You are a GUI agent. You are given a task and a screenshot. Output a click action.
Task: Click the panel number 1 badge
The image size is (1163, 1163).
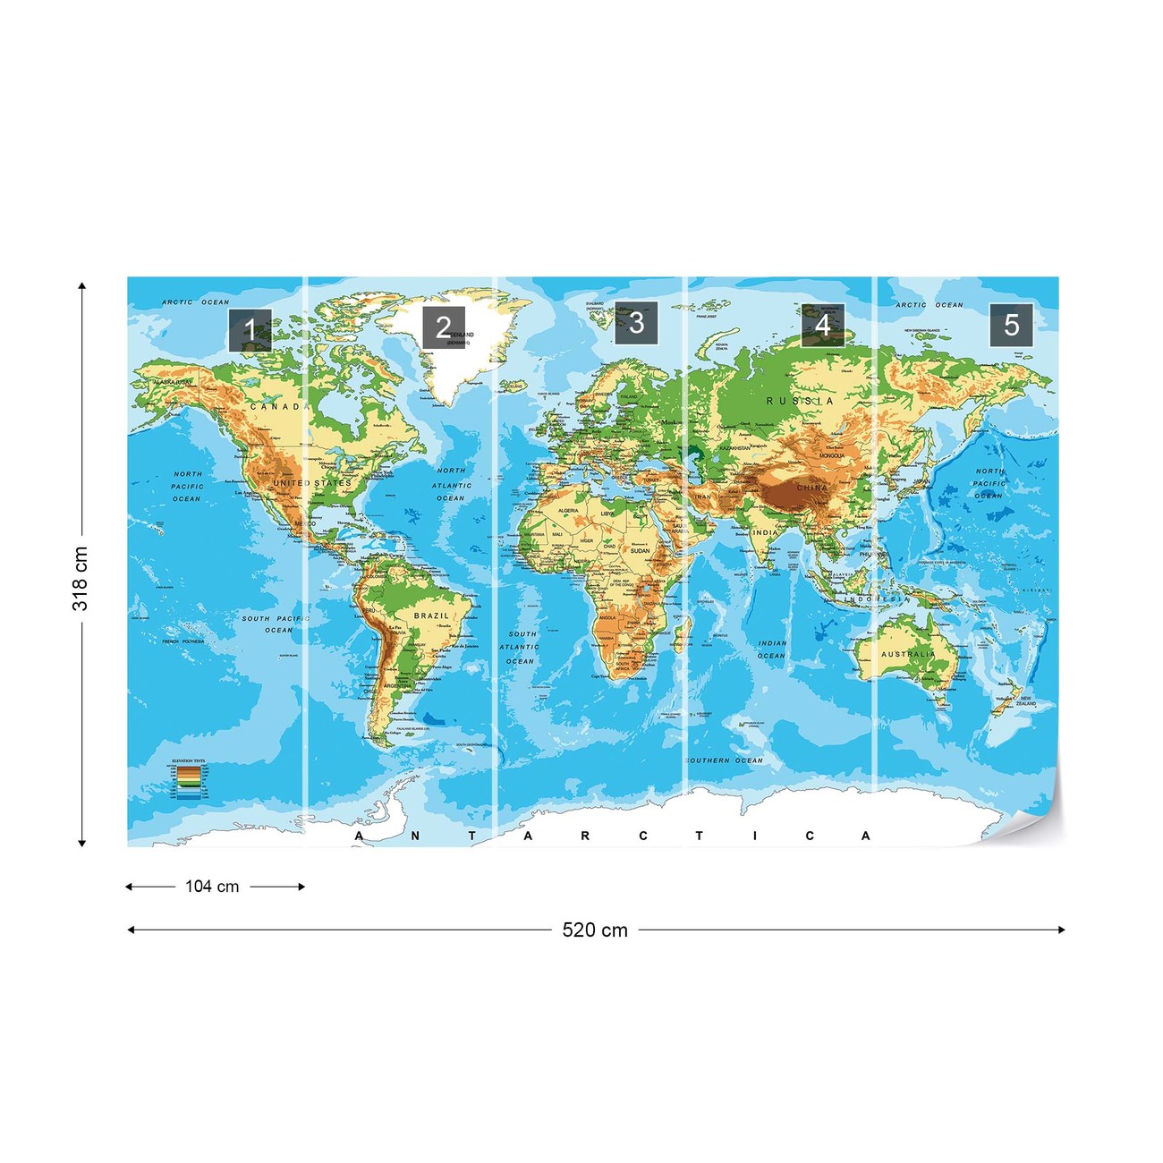[x=250, y=330]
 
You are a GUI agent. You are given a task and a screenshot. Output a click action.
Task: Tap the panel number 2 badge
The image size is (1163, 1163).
[x=444, y=327]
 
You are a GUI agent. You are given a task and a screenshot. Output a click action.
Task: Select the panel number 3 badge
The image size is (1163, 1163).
[x=636, y=323]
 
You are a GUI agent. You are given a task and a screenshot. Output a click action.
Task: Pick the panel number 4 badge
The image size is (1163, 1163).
[x=822, y=325]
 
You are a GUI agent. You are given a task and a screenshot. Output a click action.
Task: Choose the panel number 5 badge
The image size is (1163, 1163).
[x=1011, y=325]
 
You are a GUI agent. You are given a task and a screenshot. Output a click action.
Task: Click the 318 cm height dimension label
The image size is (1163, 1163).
[x=81, y=579]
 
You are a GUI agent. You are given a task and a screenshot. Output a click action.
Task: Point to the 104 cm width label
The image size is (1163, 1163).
[x=212, y=887]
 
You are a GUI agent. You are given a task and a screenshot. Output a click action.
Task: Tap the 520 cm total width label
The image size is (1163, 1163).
[x=595, y=930]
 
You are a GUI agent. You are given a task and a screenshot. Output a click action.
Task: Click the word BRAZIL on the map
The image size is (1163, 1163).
[x=431, y=615]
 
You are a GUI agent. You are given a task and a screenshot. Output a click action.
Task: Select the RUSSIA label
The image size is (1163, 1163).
[x=800, y=401]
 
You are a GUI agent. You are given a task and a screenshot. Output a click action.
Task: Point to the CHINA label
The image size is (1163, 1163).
[x=812, y=488]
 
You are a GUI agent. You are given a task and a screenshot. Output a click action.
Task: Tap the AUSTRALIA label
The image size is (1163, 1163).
[x=908, y=654]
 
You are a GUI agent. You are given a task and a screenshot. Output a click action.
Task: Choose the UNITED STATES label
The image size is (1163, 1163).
[x=312, y=483]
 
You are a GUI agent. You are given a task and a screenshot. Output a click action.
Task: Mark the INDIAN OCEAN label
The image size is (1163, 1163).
[x=772, y=649]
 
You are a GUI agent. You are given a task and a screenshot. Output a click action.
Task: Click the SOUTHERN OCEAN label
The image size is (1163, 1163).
[x=725, y=760]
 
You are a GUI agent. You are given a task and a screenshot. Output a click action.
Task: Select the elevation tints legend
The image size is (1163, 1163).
[x=189, y=777]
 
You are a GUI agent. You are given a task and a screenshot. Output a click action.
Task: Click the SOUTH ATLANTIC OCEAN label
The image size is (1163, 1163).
[x=520, y=648]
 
